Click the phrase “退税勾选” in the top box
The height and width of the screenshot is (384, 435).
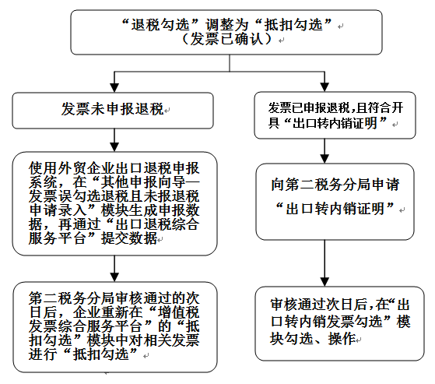tap(160, 25)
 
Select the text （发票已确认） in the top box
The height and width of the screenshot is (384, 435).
tap(226, 39)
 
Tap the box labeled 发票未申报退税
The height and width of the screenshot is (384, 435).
tap(113, 111)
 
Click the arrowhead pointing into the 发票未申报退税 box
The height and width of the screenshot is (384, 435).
tap(114, 87)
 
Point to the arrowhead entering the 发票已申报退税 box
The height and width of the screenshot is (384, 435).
tap(324, 87)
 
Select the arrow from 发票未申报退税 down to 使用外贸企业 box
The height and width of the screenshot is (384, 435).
tap(114, 140)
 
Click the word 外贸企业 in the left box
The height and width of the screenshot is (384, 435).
tap(86, 168)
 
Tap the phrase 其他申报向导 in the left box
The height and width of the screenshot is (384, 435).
tap(142, 182)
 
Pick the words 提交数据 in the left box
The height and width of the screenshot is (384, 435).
tap(128, 238)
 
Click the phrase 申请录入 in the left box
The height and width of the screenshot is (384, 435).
tap(58, 210)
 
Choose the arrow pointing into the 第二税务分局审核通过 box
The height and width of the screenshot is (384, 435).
tap(114, 269)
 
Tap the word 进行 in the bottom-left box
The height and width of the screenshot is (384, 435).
tap(43, 354)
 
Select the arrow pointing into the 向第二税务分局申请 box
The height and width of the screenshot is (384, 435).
tap(324, 151)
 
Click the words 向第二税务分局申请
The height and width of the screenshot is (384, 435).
tap(335, 185)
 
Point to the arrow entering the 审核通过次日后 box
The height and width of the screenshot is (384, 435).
tap(324, 263)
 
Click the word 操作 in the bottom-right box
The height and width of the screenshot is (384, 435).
tap(342, 339)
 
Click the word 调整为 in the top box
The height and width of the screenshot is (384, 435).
tap(226, 25)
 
